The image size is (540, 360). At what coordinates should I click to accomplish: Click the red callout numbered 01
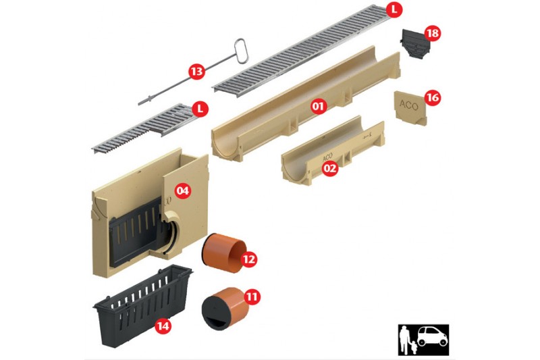click(x=318, y=106)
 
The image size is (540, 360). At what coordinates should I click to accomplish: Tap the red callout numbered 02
click(x=330, y=168)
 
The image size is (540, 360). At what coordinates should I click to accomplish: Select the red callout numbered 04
click(x=182, y=190)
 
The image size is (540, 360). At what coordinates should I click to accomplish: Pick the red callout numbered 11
click(x=252, y=297)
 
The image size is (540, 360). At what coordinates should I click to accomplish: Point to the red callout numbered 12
click(x=249, y=259)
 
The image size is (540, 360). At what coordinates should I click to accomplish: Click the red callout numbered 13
click(x=196, y=72)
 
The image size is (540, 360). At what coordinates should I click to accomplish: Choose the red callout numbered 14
click(x=163, y=326)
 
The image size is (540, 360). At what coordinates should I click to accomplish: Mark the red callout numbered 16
click(x=433, y=98)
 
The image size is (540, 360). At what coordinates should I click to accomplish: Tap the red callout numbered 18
click(x=433, y=33)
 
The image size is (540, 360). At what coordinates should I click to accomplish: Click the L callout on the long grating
click(x=394, y=10)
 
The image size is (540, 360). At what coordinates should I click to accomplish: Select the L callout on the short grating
click(x=200, y=109)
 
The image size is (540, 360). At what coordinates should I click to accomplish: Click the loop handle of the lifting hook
click(x=240, y=51)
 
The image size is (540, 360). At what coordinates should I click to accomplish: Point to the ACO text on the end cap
click(x=409, y=105)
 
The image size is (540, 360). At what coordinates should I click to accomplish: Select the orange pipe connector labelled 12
click(x=224, y=253)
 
